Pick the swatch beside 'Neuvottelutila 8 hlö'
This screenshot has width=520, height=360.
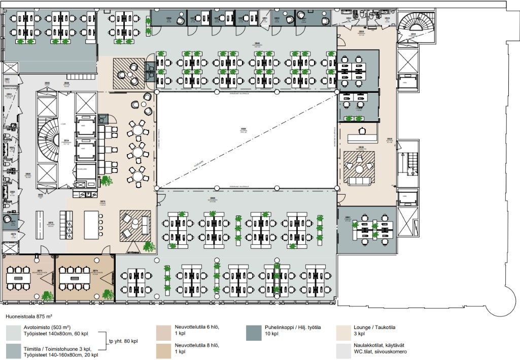tap(164, 350)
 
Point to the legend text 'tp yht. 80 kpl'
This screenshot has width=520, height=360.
tap(123, 341)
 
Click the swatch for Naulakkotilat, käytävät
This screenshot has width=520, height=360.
tap(343, 350)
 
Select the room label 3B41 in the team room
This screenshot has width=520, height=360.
tap(348, 218)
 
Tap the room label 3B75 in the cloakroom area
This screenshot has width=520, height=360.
tap(51, 223)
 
